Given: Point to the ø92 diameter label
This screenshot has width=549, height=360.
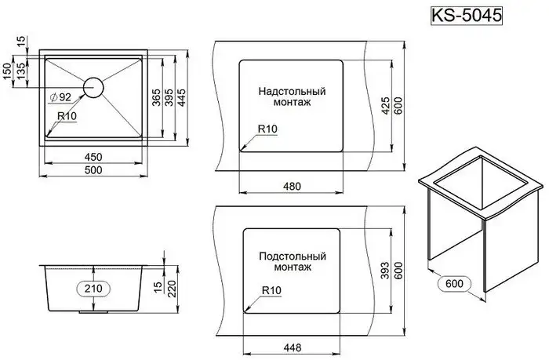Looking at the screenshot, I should (60, 98).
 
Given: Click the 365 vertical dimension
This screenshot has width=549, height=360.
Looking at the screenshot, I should (158, 97).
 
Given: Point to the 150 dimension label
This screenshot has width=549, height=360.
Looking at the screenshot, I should (8, 71).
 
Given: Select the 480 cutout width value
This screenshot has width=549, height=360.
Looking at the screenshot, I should (292, 186).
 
